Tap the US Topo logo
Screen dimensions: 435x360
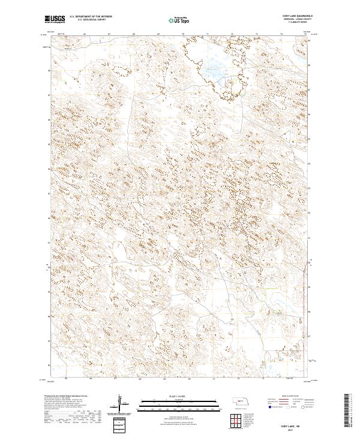[x=181, y=20]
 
